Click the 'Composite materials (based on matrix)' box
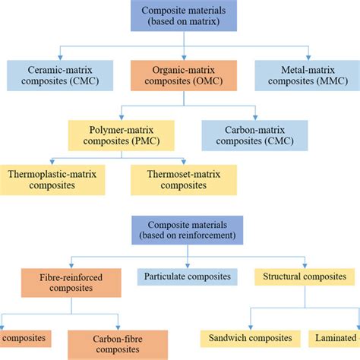(179, 17)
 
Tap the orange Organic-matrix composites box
(179, 73)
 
